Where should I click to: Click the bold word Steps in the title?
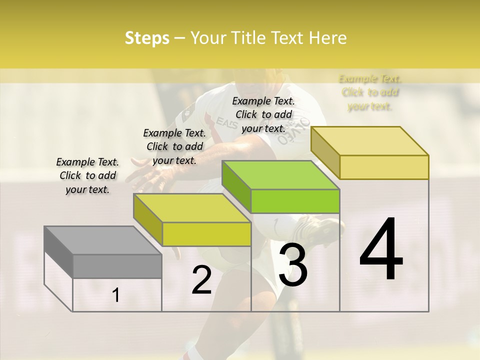pos(147,38)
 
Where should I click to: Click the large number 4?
pos(381,250)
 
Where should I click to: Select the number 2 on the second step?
pos(201,280)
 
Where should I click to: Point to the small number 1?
pos(115,295)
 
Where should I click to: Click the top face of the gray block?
pos(103,240)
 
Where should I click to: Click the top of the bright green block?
pos(280,175)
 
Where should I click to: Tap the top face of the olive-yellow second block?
pos(192,208)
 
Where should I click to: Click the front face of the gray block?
pos(117,266)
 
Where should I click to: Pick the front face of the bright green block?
pos(295,201)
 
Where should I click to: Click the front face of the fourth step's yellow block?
pos(384,167)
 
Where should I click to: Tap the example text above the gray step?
pos(87,175)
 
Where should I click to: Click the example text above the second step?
pos(174,146)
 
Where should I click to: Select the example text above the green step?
pos(263,114)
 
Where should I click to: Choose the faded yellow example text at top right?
pos(370,92)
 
